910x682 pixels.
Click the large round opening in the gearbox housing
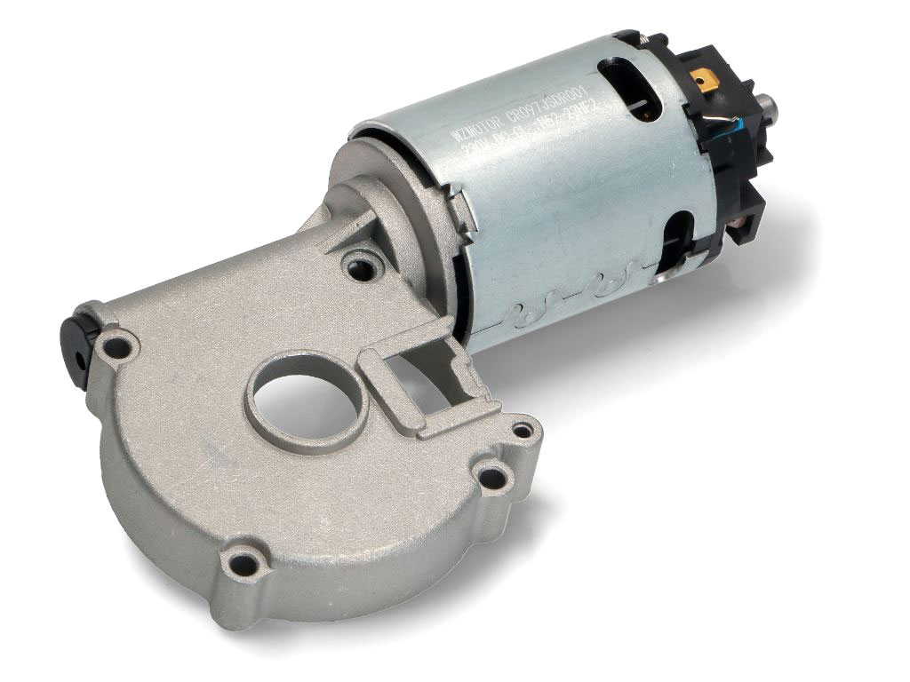307,404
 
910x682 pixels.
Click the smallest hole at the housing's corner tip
523,430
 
